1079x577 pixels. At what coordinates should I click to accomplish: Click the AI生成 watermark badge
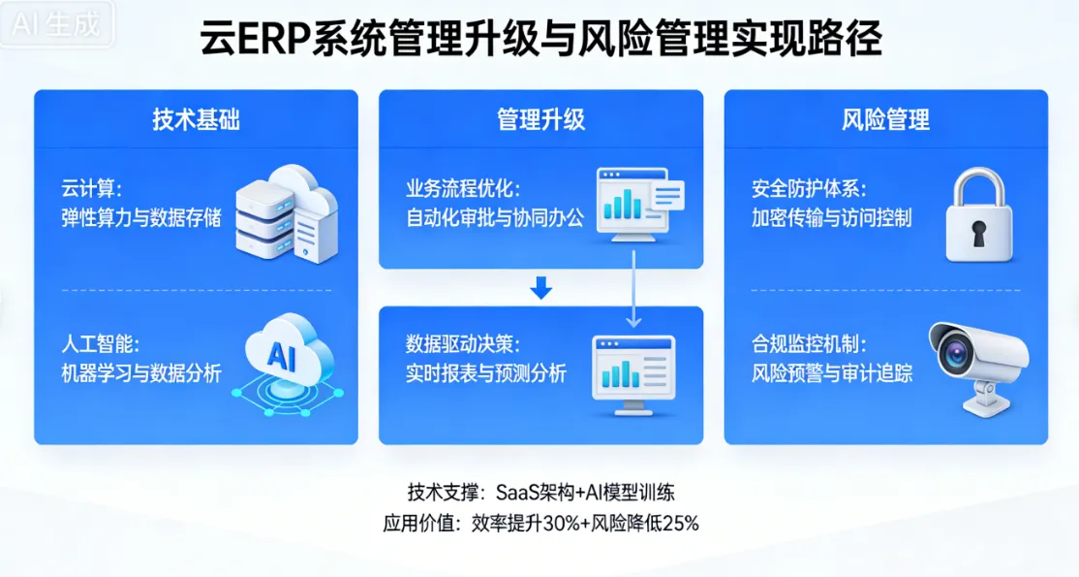[56, 25]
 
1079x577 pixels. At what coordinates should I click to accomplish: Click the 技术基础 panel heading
[196, 119]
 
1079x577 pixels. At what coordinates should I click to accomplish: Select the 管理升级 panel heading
[540, 119]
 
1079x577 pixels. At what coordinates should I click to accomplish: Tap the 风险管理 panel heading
[885, 119]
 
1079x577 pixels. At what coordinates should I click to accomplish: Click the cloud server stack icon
[287, 213]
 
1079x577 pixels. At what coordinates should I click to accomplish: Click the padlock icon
[978, 215]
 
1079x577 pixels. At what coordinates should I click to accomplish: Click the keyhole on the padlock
[978, 233]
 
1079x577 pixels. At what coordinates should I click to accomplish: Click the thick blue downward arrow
[541, 288]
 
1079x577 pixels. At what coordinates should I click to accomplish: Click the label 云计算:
[91, 187]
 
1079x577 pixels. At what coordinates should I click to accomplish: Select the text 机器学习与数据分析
[141, 372]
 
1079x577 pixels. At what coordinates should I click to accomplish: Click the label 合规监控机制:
[810, 344]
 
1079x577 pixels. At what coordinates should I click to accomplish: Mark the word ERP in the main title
[273, 43]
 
